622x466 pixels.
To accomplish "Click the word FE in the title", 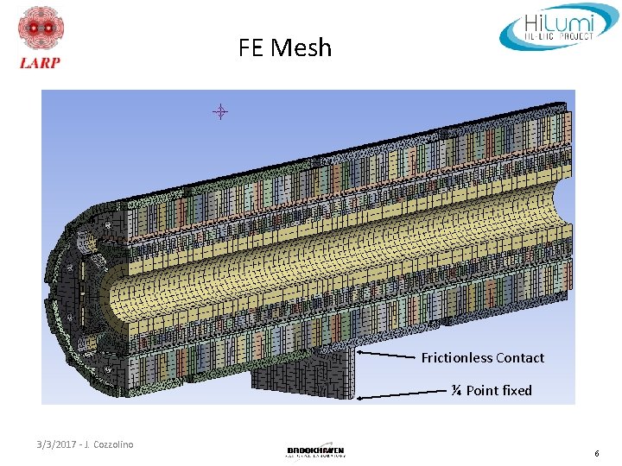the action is (x=251, y=47).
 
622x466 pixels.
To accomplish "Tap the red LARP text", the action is (x=39, y=63).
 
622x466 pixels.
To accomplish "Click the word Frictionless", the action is (x=457, y=358).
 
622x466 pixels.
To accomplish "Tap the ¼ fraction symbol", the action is (x=455, y=391).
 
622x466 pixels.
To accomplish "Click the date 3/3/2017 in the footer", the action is (x=57, y=445).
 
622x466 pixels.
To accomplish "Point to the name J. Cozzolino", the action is (x=109, y=445).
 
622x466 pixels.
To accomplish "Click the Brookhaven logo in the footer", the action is (x=315, y=451).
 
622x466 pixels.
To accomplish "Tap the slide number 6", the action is (x=596, y=454).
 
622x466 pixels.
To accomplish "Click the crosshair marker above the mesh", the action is (x=220, y=111).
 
